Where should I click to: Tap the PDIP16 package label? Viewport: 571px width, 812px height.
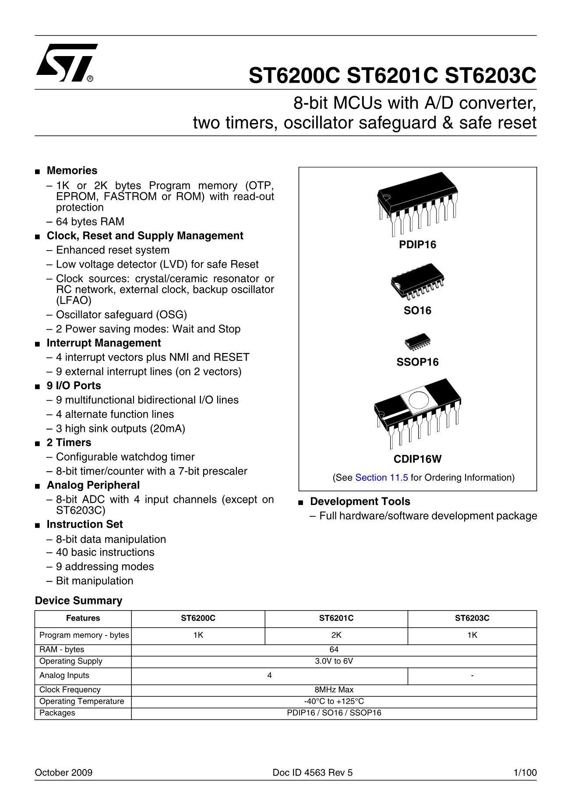tap(417, 245)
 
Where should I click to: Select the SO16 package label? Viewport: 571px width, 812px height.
tap(417, 311)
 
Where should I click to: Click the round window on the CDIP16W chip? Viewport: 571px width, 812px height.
tap(419, 400)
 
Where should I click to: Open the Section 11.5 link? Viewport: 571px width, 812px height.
tap(381, 477)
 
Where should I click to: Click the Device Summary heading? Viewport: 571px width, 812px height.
tap(78, 600)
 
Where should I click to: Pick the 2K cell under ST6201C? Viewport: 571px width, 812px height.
tap(336, 635)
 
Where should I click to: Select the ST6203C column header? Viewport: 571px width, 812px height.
tap(472, 618)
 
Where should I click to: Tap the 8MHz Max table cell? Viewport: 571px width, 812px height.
tap(334, 689)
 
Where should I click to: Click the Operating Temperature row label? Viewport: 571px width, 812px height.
tap(81, 701)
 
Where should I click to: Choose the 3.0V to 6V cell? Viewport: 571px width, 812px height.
tap(334, 661)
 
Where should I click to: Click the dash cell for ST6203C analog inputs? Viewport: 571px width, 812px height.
tap(472, 675)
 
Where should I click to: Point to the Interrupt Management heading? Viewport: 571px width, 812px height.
tap(104, 343)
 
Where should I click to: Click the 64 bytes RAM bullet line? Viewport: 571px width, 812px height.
tap(90, 222)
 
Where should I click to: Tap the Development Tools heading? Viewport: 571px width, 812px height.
tap(360, 501)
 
